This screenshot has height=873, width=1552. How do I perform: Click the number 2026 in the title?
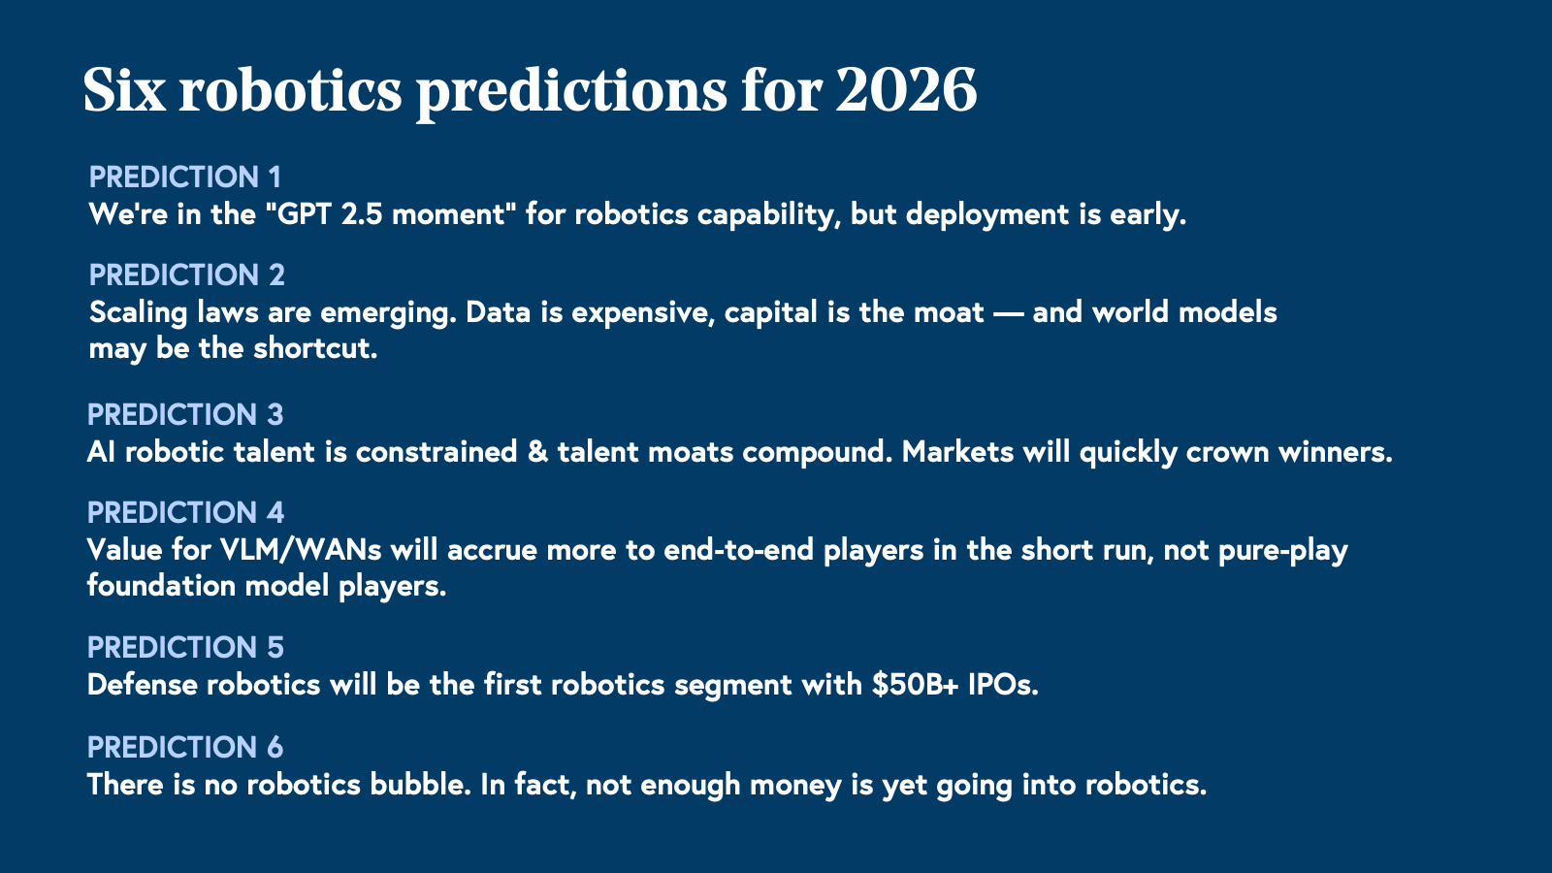tap(906, 90)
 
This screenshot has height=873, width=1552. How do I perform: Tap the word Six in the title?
tap(125, 90)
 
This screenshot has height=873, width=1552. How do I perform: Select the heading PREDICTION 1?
tap(185, 178)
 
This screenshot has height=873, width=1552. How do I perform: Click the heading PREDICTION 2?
tap(187, 275)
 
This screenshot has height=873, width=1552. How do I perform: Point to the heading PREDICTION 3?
tap(185, 415)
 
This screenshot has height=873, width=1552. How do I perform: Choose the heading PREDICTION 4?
tap(185, 513)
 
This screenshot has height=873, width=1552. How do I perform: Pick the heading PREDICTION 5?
tap(185, 648)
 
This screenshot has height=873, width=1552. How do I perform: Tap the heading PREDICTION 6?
tap(185, 748)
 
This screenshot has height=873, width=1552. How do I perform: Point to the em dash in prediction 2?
tap(1008, 313)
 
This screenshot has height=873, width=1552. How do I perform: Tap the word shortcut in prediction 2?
tap(315, 348)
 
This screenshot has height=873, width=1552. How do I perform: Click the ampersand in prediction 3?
tap(537, 452)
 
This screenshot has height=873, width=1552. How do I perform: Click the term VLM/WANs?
tap(301, 550)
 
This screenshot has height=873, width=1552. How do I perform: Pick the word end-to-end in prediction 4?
tap(738, 550)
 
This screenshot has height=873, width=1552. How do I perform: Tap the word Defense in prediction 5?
tap(142, 685)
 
